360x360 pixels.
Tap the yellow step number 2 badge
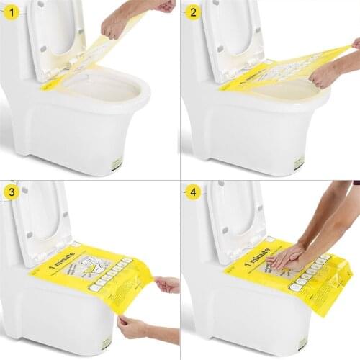pos(192,13)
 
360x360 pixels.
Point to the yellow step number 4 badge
pos(192,192)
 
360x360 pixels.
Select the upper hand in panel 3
pos(168,284)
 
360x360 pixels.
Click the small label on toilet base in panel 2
pos(297,164)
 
